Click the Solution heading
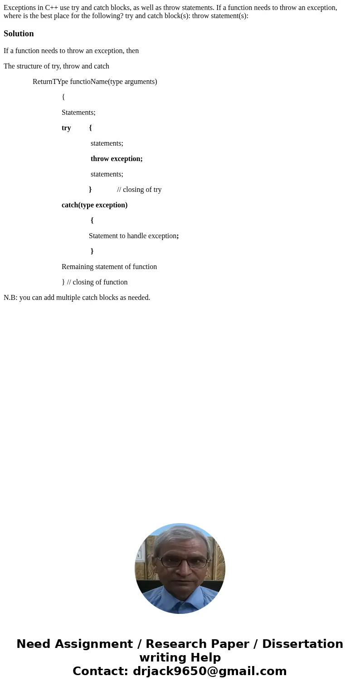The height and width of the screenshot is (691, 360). [19, 34]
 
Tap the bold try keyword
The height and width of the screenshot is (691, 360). [66, 128]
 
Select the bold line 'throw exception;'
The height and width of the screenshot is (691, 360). [117, 159]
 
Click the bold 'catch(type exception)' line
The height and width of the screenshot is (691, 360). [95, 205]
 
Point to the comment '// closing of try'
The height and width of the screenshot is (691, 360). [139, 190]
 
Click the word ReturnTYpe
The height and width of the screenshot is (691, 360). [50, 82]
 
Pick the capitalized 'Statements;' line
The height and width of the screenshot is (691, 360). [78, 113]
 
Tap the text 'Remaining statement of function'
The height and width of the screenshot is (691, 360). [109, 267]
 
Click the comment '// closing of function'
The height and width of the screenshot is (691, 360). [97, 282]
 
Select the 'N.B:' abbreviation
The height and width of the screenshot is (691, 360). [10, 298]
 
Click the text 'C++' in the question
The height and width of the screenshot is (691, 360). [52, 8]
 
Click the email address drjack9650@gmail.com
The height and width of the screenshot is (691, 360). [209, 671]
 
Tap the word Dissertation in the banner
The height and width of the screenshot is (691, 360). [302, 644]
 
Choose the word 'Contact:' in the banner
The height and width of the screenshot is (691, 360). [101, 671]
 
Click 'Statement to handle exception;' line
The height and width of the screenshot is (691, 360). [134, 236]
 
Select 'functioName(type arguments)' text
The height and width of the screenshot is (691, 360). [113, 82]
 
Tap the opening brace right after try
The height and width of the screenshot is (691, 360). [90, 128]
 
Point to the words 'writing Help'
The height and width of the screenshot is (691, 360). [180, 657]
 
